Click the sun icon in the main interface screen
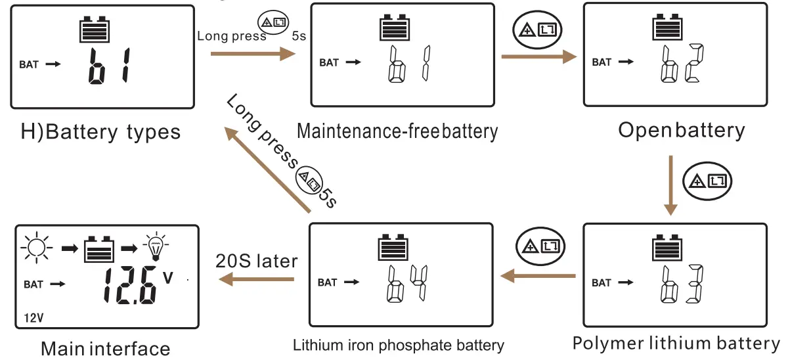pos(37,248)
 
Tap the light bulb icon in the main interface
pos(156,246)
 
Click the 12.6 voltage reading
pos(130,285)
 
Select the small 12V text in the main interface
pos(33,318)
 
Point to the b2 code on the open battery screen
pos(682,63)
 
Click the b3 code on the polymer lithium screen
pos(682,284)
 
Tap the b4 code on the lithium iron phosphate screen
pos(407,284)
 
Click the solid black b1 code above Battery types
pos(108,66)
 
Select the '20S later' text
pos(257,261)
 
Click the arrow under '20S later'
pos(256,279)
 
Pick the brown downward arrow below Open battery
pos(670,185)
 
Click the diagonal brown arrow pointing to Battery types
pos(267,169)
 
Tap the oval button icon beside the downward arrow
pos(707,181)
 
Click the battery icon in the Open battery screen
pos(667,27)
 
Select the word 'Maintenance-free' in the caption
pos(368,131)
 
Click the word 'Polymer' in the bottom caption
pos(608,343)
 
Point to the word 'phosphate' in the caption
pos(416,346)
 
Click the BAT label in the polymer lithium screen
pos(602,283)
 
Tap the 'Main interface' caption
pos(106,349)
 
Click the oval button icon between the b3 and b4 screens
pos(540,246)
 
